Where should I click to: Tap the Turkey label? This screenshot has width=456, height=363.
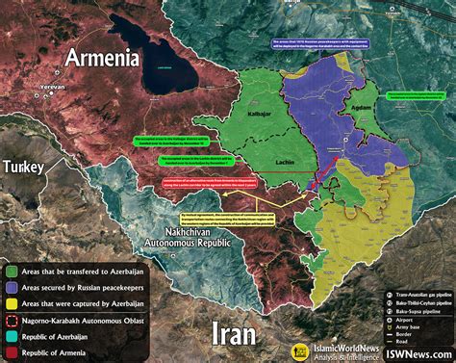[x=23, y=168]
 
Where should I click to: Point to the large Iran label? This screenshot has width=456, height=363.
[x=234, y=333]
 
